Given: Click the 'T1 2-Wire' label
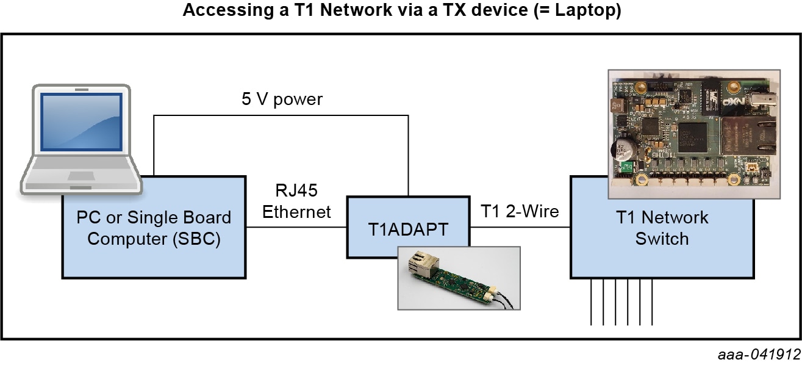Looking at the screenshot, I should (x=520, y=212).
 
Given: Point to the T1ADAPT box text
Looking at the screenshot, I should (x=408, y=229).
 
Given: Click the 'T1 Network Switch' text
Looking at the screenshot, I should (x=662, y=228).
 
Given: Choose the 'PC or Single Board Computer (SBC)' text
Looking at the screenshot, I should (x=154, y=228).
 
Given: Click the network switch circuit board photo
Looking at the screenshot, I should (x=693, y=134).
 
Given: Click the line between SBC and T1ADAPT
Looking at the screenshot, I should (x=296, y=228).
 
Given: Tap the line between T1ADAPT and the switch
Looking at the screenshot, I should (x=520, y=228).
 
